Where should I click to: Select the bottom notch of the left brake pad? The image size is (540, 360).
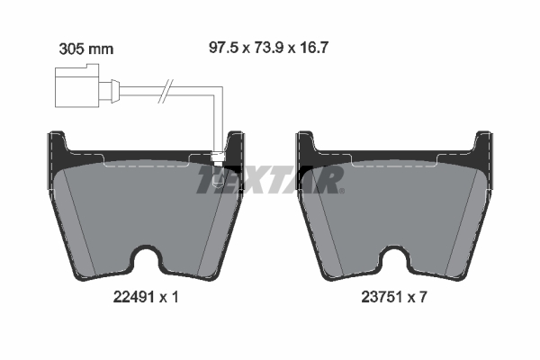(x=147, y=262)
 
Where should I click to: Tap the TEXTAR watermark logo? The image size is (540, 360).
(x=270, y=180)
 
